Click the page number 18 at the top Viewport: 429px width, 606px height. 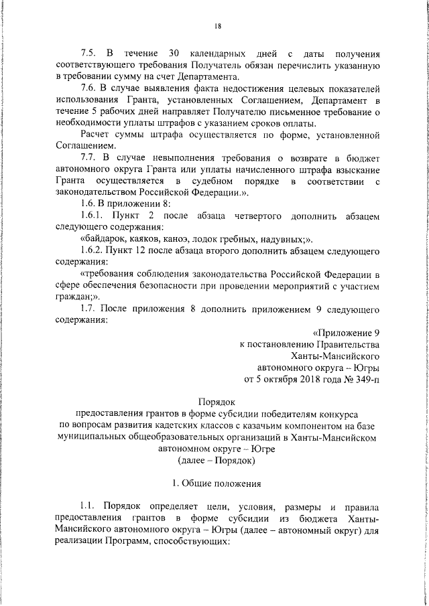tap(218, 27)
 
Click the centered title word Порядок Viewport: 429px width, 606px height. tap(217, 402)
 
